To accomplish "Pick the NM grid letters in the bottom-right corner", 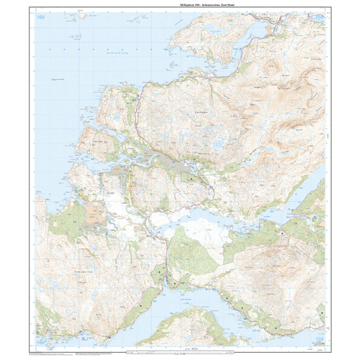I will (x=318, y=340).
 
